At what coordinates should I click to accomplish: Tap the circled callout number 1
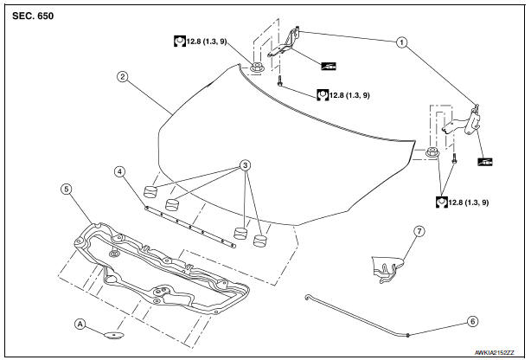pos(400,41)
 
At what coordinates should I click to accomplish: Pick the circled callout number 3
pos(246,164)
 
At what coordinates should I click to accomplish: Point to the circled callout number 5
pos(66,187)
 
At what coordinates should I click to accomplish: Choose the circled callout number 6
pos(472,320)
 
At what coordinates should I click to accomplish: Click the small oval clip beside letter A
pos(113,334)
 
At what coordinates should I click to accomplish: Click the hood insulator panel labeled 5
pos(156,268)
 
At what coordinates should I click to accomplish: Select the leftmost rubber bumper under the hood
pos(150,190)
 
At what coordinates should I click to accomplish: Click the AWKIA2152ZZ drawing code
pos(492,352)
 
